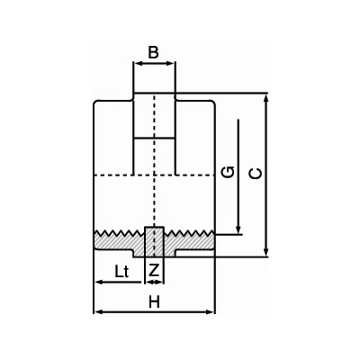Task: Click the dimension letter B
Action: tap(153, 52)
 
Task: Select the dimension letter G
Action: tap(228, 172)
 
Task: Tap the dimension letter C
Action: tap(256, 174)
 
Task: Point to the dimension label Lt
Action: tap(121, 272)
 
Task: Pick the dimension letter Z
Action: tap(154, 271)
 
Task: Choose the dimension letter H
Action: tap(155, 301)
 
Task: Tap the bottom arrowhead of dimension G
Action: tap(238, 229)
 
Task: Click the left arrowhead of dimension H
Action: tap(98, 312)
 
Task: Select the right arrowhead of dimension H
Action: tap(211, 312)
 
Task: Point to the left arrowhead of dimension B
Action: tap(138, 63)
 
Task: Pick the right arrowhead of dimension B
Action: tap(170, 63)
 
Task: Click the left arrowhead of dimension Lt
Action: tap(99, 282)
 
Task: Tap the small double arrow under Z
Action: tap(154, 282)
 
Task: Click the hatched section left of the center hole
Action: tap(120, 243)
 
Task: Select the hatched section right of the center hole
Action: tap(189, 243)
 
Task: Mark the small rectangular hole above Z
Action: tap(155, 242)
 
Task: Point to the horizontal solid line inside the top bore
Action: tap(154, 139)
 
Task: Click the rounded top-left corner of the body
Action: tap(95, 103)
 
